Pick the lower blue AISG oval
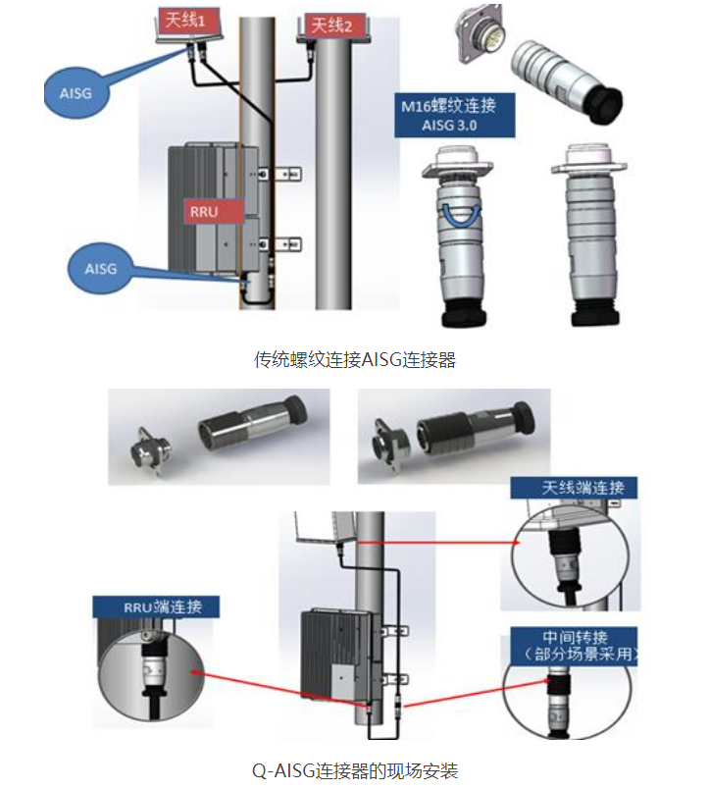pos(100,267)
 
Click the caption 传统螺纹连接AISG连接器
pos(355,359)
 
